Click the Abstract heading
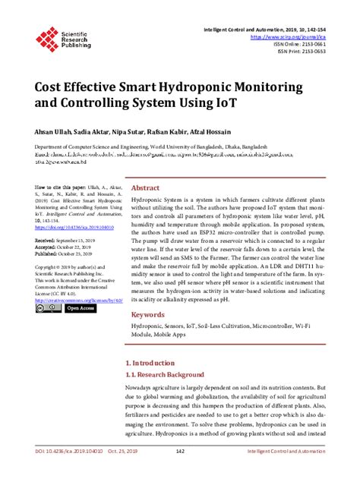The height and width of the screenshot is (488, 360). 145,187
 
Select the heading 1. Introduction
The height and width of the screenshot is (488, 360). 153,364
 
